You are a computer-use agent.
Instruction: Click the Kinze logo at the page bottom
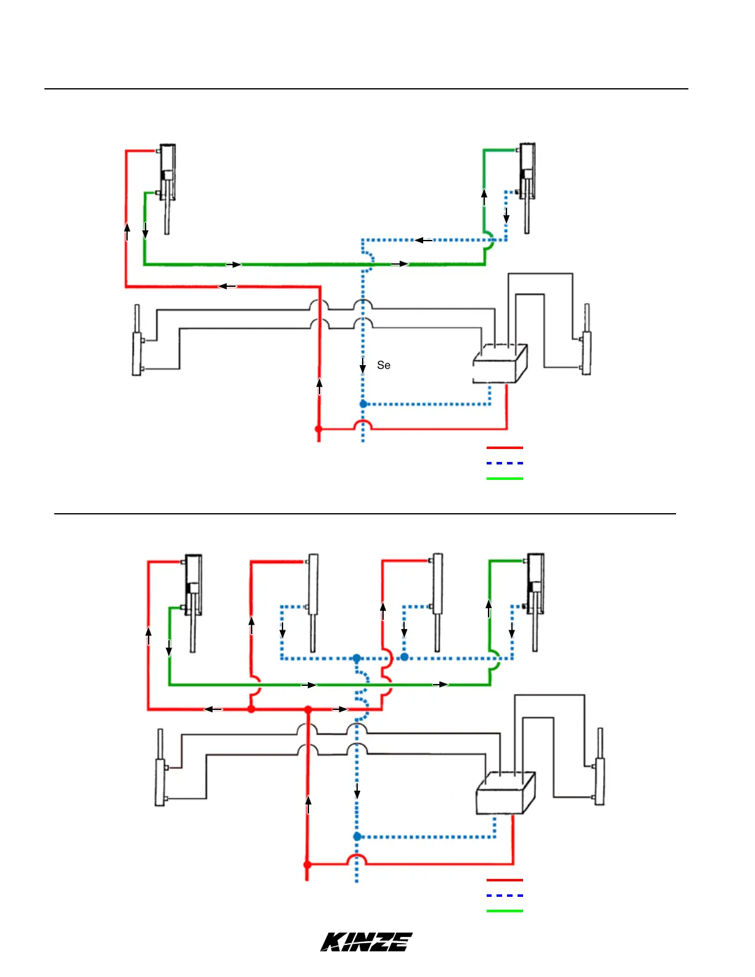[366, 942]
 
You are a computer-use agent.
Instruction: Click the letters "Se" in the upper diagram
[384, 365]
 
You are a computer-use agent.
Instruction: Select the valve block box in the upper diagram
[500, 364]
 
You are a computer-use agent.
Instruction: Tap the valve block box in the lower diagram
[505, 793]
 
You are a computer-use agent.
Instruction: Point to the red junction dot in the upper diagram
[319, 429]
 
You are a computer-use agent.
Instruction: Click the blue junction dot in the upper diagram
[363, 404]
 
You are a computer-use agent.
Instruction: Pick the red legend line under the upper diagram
[505, 448]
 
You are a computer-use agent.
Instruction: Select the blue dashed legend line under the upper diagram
[505, 463]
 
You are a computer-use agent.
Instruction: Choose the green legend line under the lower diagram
[505, 911]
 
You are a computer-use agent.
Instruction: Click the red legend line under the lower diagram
[505, 880]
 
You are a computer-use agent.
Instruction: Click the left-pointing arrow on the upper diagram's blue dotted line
[423, 240]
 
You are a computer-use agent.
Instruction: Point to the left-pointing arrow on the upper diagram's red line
[227, 286]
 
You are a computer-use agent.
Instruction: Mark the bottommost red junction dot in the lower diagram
[308, 865]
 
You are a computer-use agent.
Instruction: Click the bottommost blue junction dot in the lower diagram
[357, 836]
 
